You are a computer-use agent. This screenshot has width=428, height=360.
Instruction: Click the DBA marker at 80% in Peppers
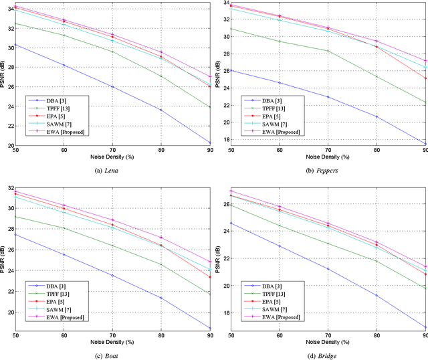pyautogui.click(x=376, y=116)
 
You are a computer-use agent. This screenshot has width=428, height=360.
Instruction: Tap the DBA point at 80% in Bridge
pyautogui.click(x=376, y=295)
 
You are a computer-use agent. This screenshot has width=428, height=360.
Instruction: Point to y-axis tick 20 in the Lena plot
pyautogui.click(x=9, y=145)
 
